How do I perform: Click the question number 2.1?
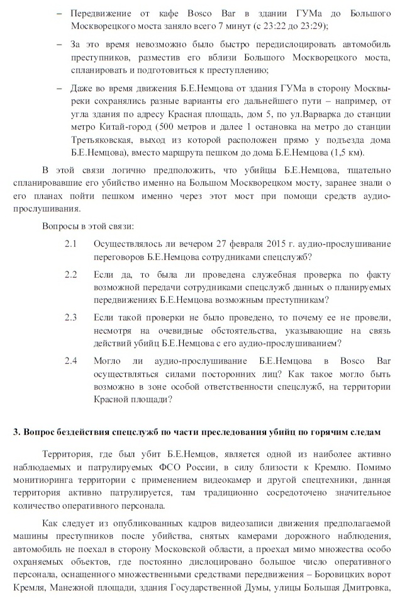(x=70, y=244)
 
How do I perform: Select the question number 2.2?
(x=70, y=274)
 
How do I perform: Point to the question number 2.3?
(x=70, y=317)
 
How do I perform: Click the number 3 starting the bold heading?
(x=16, y=432)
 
